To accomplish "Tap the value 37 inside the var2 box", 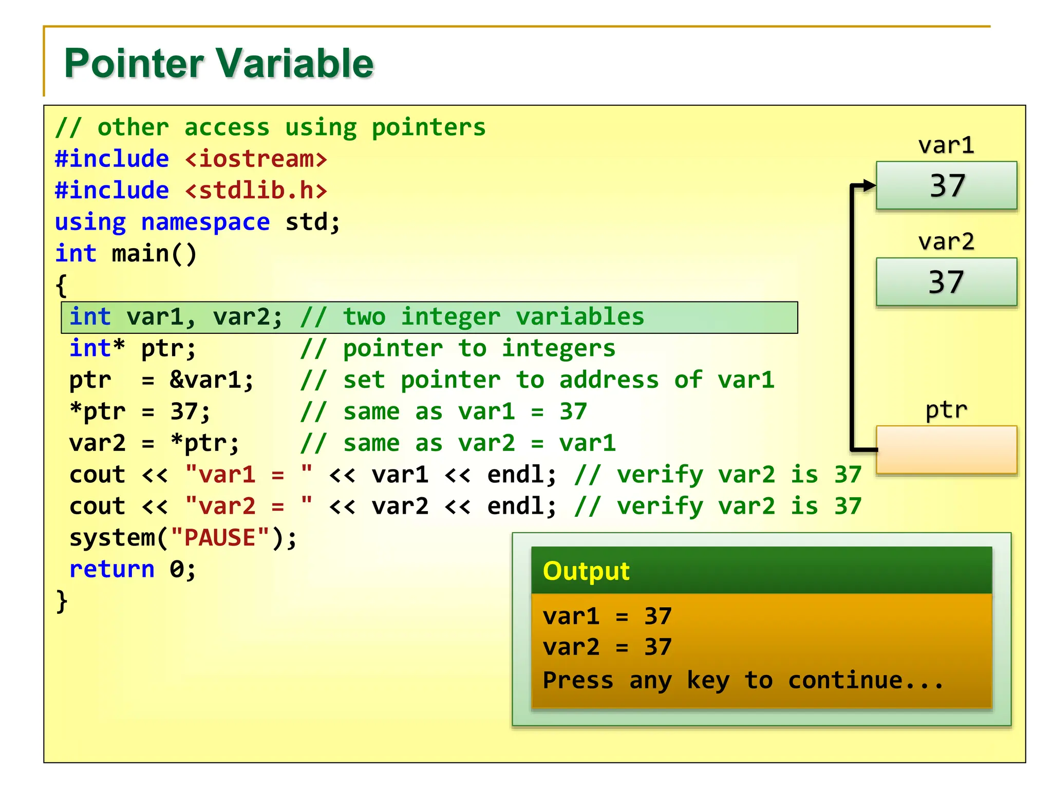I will point(946,282).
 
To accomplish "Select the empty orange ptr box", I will point(946,449).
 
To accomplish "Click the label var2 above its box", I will point(946,242).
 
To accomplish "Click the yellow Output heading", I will point(586,571).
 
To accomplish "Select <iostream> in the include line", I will point(256,159).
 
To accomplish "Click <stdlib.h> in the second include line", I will point(256,191).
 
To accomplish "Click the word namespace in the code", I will point(205,222).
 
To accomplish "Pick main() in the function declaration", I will point(154,254).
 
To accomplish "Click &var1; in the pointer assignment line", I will point(212,380).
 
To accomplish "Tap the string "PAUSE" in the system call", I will point(220,538).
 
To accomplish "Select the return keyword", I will point(111,569).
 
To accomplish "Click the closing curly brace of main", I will point(62,601).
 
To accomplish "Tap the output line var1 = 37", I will point(607,616).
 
